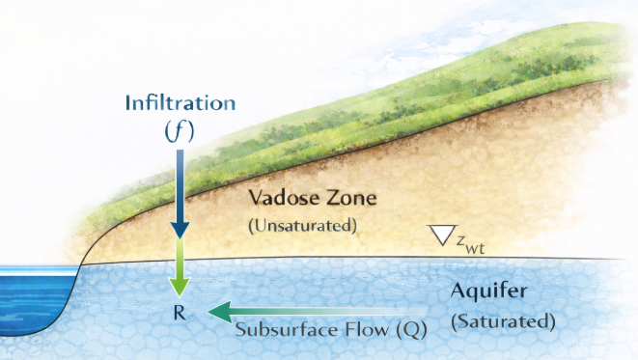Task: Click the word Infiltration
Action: click(x=180, y=102)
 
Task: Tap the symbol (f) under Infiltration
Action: click(x=180, y=131)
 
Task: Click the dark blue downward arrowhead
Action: click(x=180, y=231)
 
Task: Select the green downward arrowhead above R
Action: click(x=180, y=287)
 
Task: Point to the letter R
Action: click(x=180, y=313)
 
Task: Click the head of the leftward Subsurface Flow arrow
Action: click(x=219, y=312)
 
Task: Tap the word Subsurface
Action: click(x=288, y=329)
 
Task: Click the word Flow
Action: click(x=369, y=329)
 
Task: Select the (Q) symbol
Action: click(x=412, y=330)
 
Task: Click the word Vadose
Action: click(x=284, y=198)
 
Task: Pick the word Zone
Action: click(x=351, y=198)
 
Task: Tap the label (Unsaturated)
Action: click(x=303, y=226)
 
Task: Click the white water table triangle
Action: click(x=444, y=234)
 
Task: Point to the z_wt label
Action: click(x=470, y=243)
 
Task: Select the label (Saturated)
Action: click(x=503, y=321)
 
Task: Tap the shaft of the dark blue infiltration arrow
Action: click(x=180, y=186)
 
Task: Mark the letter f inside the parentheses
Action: click(x=180, y=131)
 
